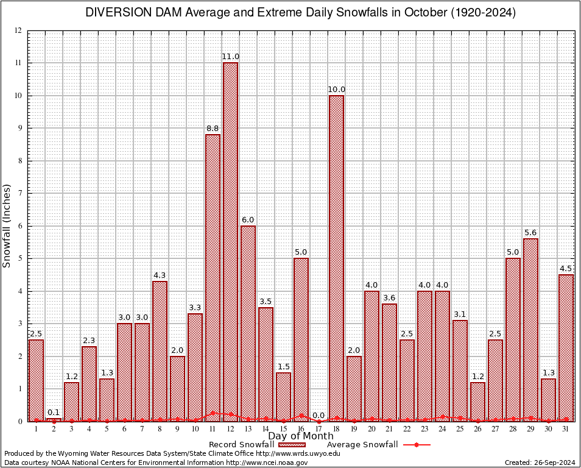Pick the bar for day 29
tap(530, 330)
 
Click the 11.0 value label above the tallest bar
tap(230, 57)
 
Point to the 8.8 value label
tap(213, 129)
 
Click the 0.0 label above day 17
tap(319, 416)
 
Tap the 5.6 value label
tap(530, 233)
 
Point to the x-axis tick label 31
tap(566, 428)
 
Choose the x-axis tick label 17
tap(319, 428)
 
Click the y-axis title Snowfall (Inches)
tap(7, 225)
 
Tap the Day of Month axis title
tap(300, 436)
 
